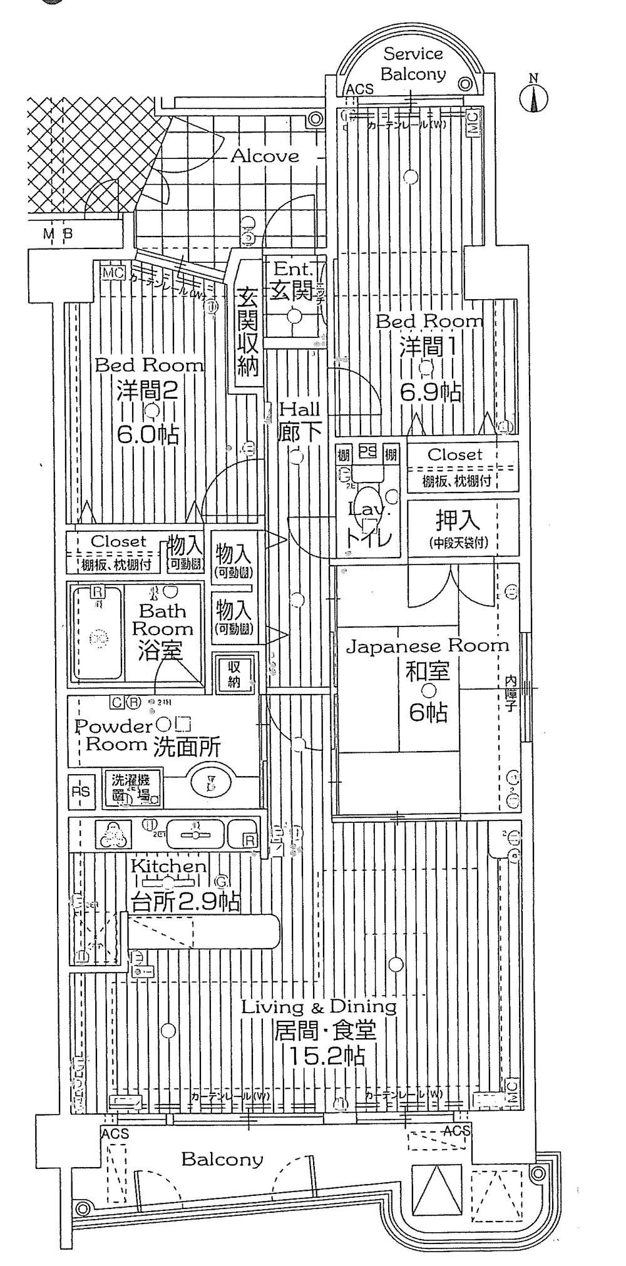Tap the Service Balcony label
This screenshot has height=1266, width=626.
click(x=413, y=64)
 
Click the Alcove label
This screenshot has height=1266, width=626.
click(x=265, y=156)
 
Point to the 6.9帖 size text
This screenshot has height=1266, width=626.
click(x=431, y=392)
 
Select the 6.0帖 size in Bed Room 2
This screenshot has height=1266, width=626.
click(x=148, y=434)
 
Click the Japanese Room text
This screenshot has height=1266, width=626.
click(x=428, y=646)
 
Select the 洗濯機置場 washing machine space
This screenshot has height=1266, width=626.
click(x=131, y=788)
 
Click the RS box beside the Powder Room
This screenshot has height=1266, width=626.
click(x=80, y=792)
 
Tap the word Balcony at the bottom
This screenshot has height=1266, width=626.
click(x=222, y=1159)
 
